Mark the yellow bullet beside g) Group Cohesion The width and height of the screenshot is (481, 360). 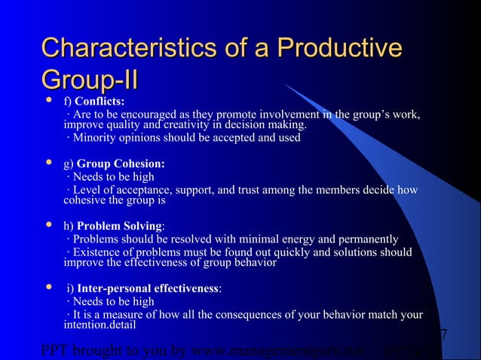pyautogui.click(x=49, y=163)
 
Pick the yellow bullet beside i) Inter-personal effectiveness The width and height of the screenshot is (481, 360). pyautogui.click(x=49, y=288)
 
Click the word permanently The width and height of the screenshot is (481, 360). pyautogui.click(x=365, y=240)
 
